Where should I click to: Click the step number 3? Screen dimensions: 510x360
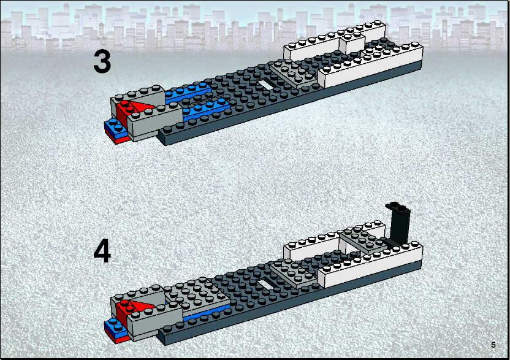(102, 61)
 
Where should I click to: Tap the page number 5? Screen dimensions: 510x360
(493, 345)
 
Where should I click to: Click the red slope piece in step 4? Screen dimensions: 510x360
(130, 308)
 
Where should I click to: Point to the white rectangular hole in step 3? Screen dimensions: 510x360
(267, 85)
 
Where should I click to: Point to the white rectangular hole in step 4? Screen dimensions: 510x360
(267, 285)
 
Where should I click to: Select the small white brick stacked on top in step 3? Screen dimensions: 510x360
(352, 42)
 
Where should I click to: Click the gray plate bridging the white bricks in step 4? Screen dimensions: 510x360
(364, 240)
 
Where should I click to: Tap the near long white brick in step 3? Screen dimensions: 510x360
(371, 67)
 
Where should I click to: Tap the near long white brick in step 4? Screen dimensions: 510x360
(371, 266)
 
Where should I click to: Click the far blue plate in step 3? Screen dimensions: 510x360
(188, 92)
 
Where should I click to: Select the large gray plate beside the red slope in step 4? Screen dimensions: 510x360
(197, 297)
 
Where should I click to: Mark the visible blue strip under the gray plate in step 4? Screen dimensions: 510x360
(207, 313)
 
